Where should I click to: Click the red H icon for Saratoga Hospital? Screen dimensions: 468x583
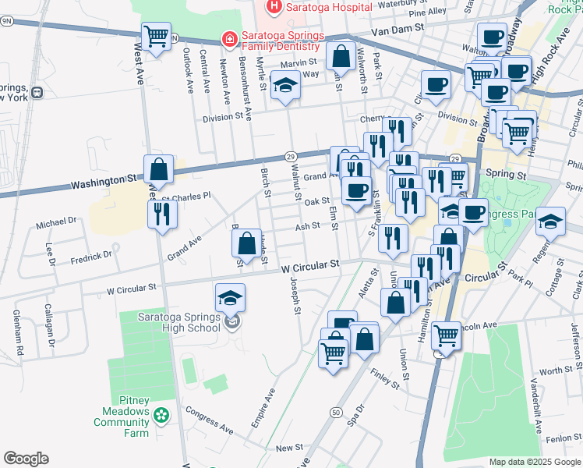274,7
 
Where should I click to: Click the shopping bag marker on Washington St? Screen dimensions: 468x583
159,169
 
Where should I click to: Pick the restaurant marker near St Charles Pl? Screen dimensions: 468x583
162,214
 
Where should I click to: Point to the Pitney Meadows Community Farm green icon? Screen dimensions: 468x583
161,416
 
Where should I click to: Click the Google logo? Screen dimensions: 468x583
26,459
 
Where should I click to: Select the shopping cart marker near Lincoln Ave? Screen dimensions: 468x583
446,336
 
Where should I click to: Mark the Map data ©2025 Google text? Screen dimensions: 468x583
534,462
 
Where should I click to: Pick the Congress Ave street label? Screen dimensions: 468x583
209,424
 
